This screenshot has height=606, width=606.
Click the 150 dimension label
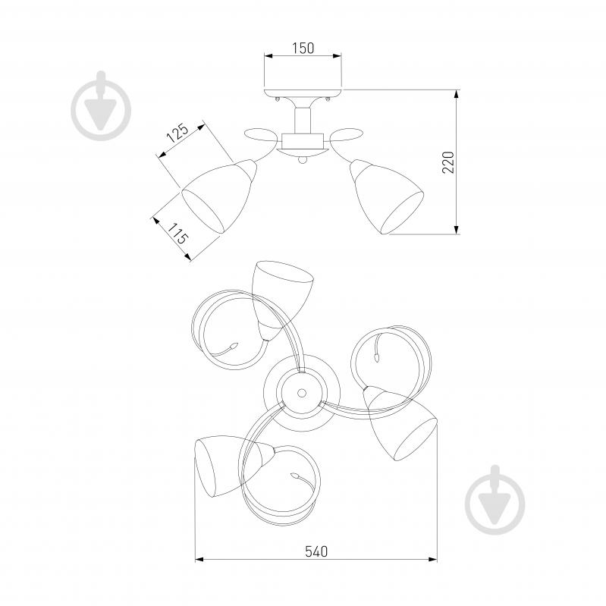(303, 49)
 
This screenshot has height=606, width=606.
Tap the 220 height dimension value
(448, 162)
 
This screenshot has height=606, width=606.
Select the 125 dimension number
(177, 133)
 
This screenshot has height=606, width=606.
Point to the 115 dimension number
(177, 233)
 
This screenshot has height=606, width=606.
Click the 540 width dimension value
(316, 551)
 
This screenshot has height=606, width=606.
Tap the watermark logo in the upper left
(101, 105)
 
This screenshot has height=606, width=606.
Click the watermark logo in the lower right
(495, 500)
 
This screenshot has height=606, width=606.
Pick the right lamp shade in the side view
(387, 196)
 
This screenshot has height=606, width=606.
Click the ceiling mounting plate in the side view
(303, 93)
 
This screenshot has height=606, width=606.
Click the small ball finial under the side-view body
(303, 160)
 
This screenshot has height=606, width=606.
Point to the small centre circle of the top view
(301, 393)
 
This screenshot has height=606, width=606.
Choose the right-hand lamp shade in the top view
(402, 425)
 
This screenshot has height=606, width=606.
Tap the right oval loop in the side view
(347, 135)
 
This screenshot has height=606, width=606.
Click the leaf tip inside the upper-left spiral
(233, 346)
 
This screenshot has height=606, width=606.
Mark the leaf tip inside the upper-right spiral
(377, 357)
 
